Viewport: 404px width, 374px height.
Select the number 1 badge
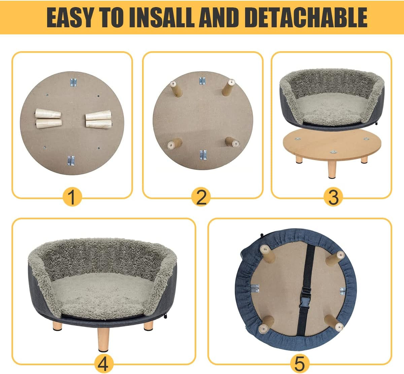72,197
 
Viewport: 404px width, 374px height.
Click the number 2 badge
201,197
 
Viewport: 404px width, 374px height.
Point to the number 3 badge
333,197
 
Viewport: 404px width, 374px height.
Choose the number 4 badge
103,363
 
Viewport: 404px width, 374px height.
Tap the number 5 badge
299,363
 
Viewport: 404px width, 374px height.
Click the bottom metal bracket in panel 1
71,161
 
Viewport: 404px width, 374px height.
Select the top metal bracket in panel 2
202,81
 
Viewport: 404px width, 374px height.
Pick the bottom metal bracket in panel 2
203,155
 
